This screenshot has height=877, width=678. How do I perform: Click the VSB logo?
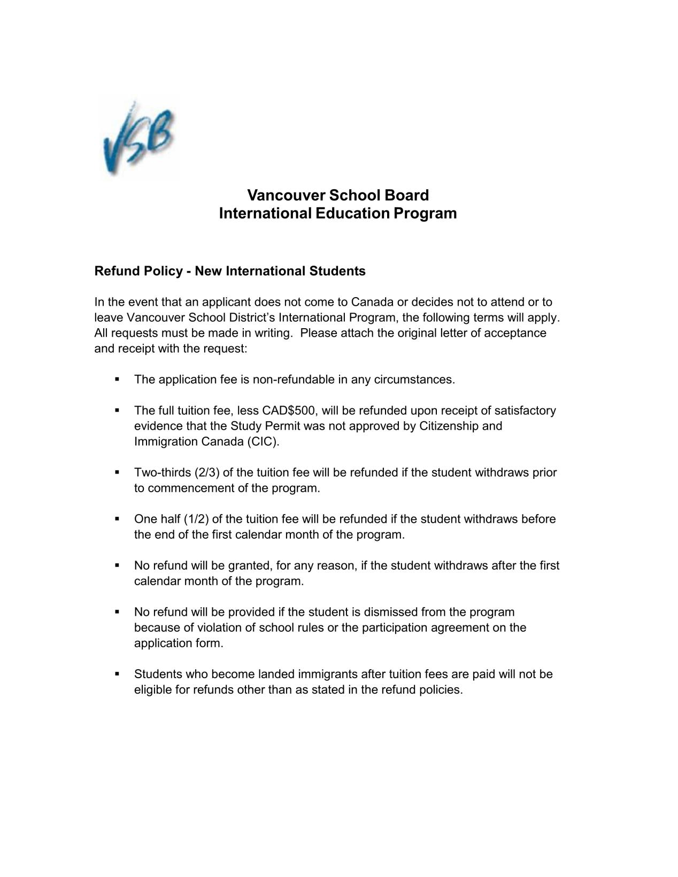point(137,137)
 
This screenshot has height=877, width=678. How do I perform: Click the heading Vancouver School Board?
point(338,195)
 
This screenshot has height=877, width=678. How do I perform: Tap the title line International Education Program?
point(338,214)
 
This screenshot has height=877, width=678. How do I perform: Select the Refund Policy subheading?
point(230,271)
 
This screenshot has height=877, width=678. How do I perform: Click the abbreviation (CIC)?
point(263,442)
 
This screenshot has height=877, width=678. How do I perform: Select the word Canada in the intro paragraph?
point(372,302)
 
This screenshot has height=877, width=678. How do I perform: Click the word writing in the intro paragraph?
point(272,333)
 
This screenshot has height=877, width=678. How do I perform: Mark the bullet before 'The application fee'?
point(117,379)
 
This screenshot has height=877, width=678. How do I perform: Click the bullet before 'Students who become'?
point(117,674)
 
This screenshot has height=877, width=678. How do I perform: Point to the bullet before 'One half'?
point(117,519)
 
